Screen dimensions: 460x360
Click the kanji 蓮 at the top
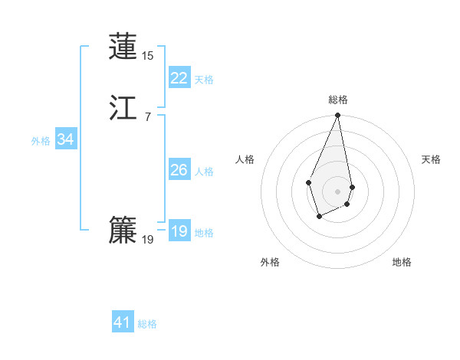(x=123, y=46)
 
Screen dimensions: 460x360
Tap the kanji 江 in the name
(x=123, y=109)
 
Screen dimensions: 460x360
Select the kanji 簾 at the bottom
(x=123, y=230)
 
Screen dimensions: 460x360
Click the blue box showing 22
(x=179, y=78)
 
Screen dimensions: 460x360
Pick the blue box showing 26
(x=179, y=170)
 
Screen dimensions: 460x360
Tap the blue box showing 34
(x=65, y=139)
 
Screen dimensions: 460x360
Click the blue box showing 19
(x=179, y=231)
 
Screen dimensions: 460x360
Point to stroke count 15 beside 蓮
(x=148, y=56)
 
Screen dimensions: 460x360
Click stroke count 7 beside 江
(x=147, y=117)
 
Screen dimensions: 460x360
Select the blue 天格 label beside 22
(x=204, y=80)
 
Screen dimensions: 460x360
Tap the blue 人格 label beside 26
(x=204, y=172)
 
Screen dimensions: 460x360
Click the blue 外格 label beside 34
(x=41, y=141)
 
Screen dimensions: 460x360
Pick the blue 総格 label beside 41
(x=147, y=324)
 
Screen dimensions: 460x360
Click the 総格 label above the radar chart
(x=338, y=100)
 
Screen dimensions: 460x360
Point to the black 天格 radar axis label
(x=431, y=159)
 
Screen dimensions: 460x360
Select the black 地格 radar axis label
(x=402, y=262)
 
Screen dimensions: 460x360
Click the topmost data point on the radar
(x=338, y=116)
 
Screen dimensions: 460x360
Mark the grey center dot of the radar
(x=338, y=191)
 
